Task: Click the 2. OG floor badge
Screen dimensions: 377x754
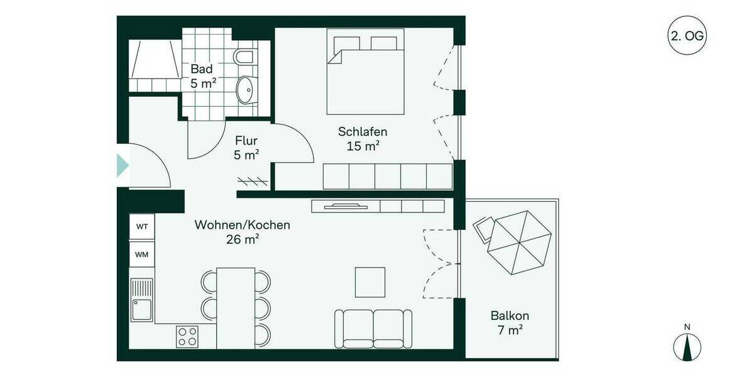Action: coord(687,36)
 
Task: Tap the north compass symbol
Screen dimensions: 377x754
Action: coord(687,346)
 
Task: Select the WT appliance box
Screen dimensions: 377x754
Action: coord(142,227)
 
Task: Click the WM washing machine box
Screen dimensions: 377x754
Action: coord(142,254)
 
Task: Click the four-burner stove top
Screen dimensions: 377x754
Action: coord(187,337)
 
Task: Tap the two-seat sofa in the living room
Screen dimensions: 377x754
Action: coord(373,328)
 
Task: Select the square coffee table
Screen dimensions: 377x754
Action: coord(370,282)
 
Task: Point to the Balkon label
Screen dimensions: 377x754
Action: coord(510,316)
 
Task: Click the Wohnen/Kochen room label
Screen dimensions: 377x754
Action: coord(243,225)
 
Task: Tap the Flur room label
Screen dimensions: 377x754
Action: coord(246,141)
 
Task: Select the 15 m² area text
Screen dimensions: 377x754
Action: coord(363,146)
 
